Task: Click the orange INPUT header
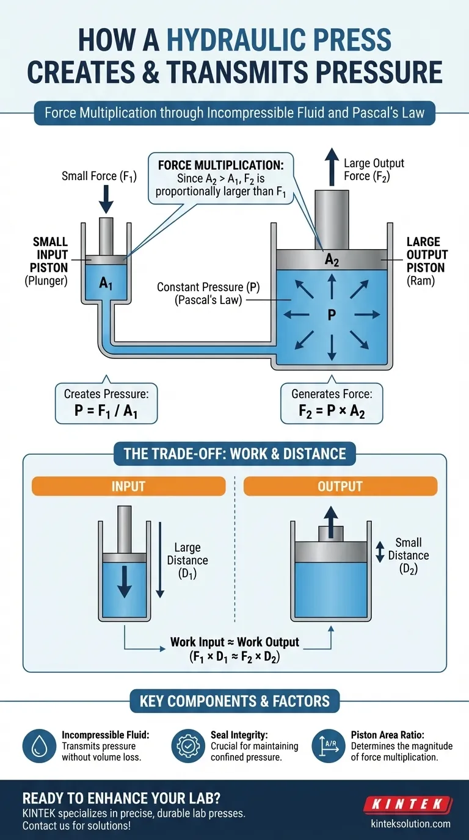tap(128, 486)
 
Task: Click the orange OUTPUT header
tap(340, 486)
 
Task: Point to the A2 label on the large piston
tap(331, 259)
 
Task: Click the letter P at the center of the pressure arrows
tap(331, 315)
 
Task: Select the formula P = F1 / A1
tap(106, 410)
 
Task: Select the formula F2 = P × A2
tap(331, 410)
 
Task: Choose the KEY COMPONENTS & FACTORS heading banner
tap(234, 701)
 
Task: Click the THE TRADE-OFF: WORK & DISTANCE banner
tap(234, 454)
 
